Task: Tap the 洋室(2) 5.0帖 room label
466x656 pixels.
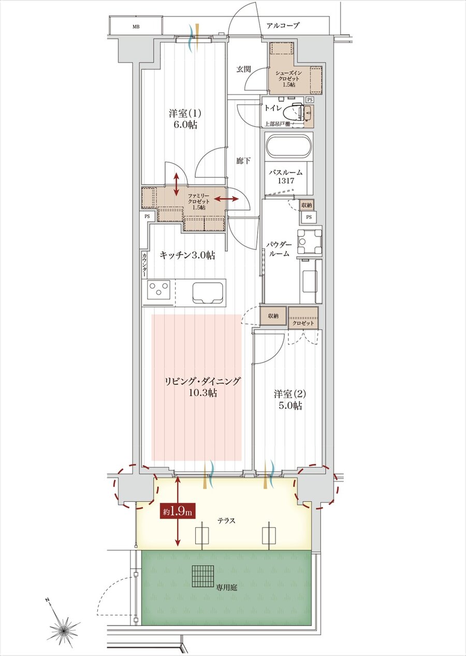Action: click(288, 399)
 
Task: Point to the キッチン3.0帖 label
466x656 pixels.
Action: click(187, 255)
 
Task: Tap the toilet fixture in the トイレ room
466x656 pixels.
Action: click(300, 111)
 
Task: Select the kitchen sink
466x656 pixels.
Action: click(209, 292)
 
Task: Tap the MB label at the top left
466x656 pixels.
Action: click(136, 26)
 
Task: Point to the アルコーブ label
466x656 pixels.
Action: click(283, 25)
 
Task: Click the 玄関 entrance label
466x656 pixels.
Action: click(244, 68)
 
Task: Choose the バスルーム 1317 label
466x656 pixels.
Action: click(285, 176)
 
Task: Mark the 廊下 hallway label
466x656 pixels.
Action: click(243, 161)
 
